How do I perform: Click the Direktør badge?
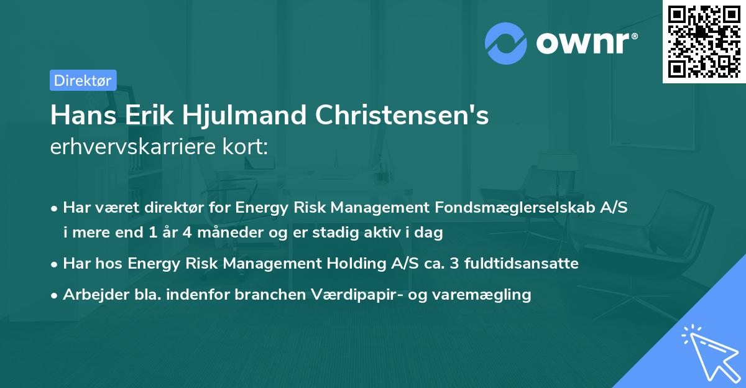tap(83, 80)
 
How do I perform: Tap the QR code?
tap(704, 41)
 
